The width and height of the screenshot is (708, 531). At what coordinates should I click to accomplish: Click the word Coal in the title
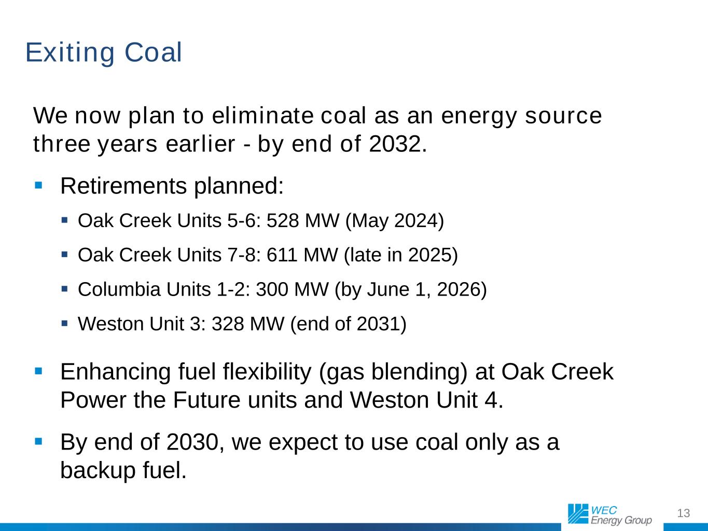(x=153, y=52)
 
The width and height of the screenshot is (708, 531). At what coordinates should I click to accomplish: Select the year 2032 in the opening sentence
(x=395, y=144)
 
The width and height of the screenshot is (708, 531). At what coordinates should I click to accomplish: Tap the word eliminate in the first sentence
(x=262, y=116)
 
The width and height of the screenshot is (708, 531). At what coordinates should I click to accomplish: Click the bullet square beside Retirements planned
(x=39, y=185)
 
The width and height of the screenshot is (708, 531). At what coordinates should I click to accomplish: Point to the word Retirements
(x=123, y=186)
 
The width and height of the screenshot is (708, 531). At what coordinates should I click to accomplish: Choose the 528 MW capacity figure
(x=303, y=221)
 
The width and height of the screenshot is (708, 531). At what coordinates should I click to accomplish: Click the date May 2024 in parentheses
(x=395, y=221)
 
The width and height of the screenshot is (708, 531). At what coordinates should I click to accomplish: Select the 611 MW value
(x=302, y=255)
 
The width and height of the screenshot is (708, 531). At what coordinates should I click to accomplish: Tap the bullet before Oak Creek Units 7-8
(x=64, y=255)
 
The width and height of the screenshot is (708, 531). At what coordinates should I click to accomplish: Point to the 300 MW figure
(x=292, y=289)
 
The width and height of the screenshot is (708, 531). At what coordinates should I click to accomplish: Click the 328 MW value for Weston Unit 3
(x=248, y=324)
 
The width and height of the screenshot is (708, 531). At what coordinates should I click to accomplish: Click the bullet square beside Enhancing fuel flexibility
(x=39, y=371)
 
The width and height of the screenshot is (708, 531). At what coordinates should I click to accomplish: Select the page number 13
(x=684, y=513)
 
